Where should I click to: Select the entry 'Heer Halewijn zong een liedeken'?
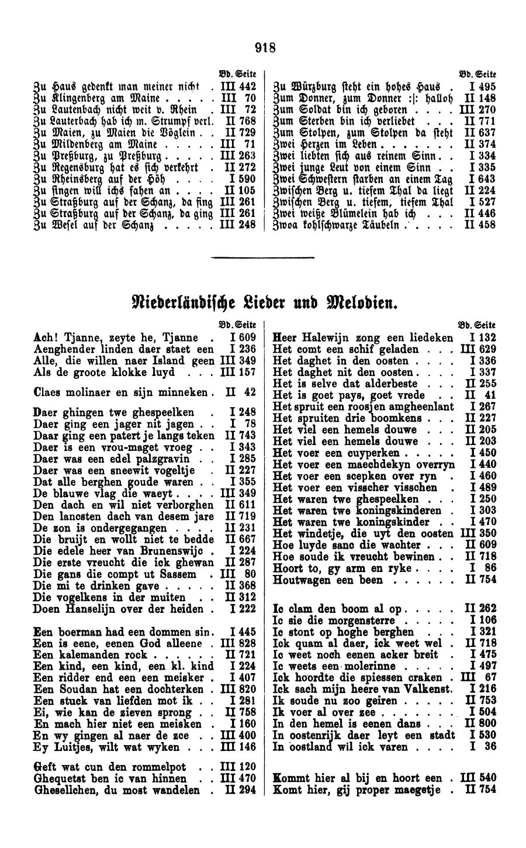coord(362,337)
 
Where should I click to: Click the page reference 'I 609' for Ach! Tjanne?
coord(243,337)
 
